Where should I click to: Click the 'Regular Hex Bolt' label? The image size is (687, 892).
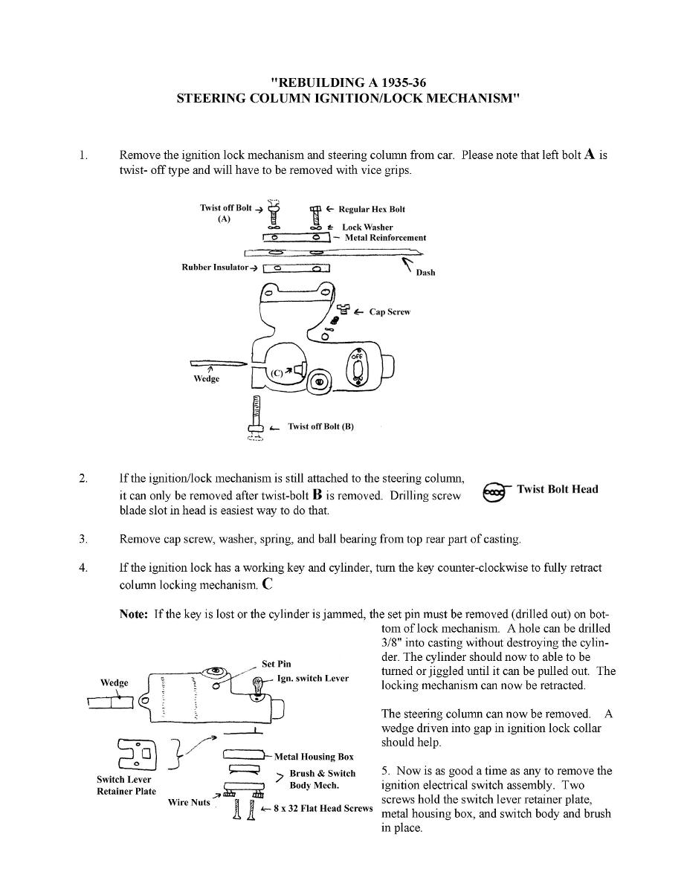[372, 209]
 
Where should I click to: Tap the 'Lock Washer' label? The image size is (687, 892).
[367, 227]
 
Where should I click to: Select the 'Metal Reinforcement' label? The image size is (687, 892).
[385, 238]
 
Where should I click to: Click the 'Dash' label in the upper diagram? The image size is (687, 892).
[425, 273]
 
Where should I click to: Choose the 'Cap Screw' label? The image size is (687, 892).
[390, 311]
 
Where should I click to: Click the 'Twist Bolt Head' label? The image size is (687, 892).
[557, 489]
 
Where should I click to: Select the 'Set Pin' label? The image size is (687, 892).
[277, 664]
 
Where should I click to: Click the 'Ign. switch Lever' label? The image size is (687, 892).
[312, 678]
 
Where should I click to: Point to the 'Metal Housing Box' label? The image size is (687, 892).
[314, 757]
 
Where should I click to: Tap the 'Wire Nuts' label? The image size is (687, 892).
[189, 802]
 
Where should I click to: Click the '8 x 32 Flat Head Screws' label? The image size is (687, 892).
[323, 808]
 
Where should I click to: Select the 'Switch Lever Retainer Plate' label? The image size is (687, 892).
[126, 785]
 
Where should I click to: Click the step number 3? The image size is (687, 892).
[83, 538]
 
